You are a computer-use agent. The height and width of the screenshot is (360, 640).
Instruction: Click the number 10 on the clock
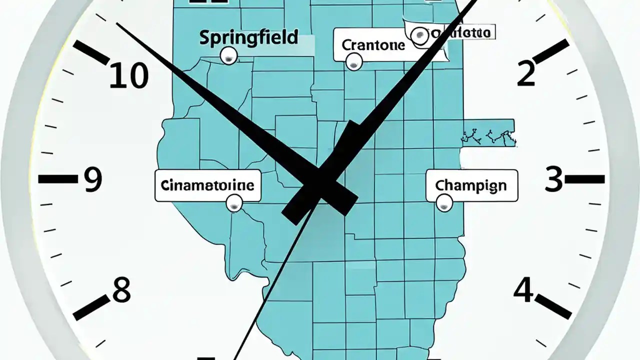click(129, 76)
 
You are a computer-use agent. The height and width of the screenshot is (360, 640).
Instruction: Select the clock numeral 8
click(121, 290)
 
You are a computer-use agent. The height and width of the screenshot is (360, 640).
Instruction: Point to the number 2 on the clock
click(526, 73)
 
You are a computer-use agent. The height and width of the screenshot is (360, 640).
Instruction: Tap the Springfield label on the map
click(248, 37)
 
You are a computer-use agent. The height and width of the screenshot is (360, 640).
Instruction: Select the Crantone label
click(373, 45)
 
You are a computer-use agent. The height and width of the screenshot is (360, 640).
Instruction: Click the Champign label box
click(471, 185)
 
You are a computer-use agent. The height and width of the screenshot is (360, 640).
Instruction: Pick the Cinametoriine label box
click(207, 185)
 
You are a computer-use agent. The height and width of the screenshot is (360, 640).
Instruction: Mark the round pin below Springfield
click(229, 56)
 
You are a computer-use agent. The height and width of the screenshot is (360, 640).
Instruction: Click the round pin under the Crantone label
click(354, 62)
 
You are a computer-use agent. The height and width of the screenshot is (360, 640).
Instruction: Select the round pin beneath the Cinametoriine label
click(234, 203)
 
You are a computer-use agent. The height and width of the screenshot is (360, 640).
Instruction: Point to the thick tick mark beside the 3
click(585, 178)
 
